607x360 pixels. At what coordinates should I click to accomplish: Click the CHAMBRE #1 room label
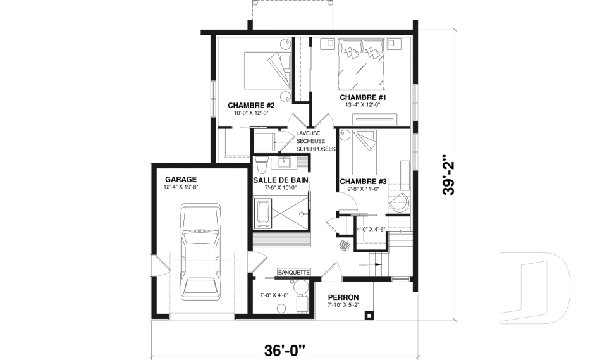(x=363, y=97)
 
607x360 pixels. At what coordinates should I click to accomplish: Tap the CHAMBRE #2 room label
(x=250, y=105)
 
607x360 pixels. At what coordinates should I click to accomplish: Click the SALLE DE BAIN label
(x=280, y=180)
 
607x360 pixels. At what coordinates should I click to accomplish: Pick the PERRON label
(x=343, y=297)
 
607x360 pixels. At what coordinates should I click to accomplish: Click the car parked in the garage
(x=199, y=252)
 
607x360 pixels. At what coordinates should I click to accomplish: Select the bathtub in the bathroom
(x=262, y=213)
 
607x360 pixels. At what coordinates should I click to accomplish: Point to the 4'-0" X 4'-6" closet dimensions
(x=371, y=229)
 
